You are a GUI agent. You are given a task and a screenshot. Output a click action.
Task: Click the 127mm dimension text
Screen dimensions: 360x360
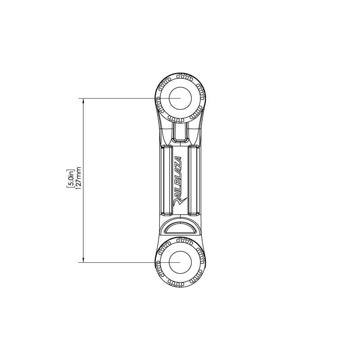click(x=78, y=180)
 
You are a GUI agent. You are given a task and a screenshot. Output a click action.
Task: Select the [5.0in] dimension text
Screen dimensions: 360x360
click(x=71, y=180)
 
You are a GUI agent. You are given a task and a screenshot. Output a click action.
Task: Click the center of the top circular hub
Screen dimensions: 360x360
click(x=180, y=98)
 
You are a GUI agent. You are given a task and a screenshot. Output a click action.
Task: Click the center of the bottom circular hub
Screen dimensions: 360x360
click(x=180, y=262)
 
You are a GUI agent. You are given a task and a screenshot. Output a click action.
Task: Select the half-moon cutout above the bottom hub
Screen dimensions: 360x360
click(x=180, y=228)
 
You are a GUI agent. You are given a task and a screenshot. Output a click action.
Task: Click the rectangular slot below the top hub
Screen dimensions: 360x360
click(x=180, y=133)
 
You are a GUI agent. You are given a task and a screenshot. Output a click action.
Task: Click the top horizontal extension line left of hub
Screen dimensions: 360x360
click(x=117, y=98)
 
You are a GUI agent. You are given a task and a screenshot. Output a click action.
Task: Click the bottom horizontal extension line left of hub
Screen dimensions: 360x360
click(x=117, y=262)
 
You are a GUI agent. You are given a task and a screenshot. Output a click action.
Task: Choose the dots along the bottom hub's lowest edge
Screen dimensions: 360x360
click(x=180, y=285)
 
